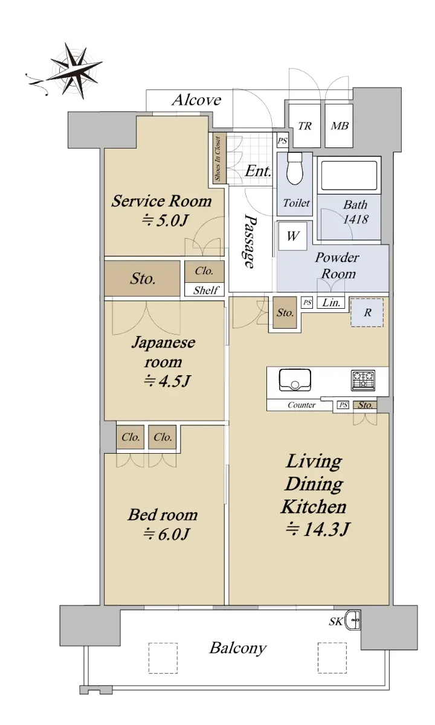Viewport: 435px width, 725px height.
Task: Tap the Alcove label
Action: pyautogui.click(x=196, y=100)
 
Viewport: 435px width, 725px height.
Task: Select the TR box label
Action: pyautogui.click(x=304, y=126)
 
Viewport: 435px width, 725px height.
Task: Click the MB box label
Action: pyautogui.click(x=340, y=126)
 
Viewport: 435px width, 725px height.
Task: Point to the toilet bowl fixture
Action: pyautogui.click(x=295, y=169)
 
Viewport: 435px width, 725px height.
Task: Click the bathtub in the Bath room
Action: pyautogui.click(x=349, y=175)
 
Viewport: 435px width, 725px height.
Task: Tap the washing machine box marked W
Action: pyautogui.click(x=292, y=236)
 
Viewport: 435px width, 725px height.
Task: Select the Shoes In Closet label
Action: pyautogui.click(x=217, y=158)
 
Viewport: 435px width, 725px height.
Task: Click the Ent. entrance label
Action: pyautogui.click(x=257, y=171)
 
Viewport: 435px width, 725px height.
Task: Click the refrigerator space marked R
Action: pyautogui.click(x=367, y=313)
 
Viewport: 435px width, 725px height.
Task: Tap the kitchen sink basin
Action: pyautogui.click(x=295, y=380)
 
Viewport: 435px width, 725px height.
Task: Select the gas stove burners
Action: pyautogui.click(x=363, y=379)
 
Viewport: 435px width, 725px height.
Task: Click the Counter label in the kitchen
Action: pyautogui.click(x=301, y=405)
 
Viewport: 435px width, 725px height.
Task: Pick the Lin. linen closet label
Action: pyautogui.click(x=331, y=303)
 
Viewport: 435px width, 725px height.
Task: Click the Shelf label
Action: pyautogui.click(x=206, y=291)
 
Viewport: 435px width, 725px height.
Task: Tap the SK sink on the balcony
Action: pyautogui.click(x=352, y=620)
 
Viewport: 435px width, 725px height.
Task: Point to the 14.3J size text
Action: pyautogui.click(x=317, y=529)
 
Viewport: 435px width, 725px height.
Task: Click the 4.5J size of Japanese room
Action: pyautogui.click(x=167, y=381)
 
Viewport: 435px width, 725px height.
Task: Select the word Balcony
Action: pyautogui.click(x=238, y=648)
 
